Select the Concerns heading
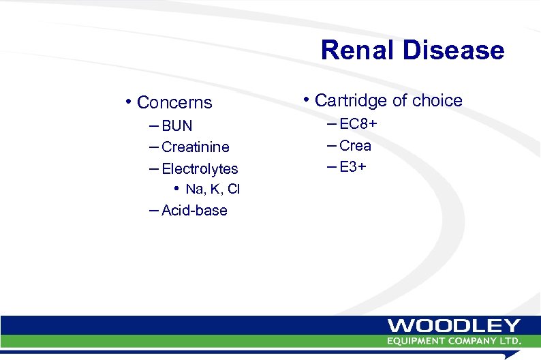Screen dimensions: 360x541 click(174, 103)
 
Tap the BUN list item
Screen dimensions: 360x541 click(177, 126)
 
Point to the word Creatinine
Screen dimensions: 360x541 click(196, 147)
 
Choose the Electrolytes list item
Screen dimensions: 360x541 click(200, 168)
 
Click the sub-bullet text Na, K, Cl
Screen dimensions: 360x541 click(213, 189)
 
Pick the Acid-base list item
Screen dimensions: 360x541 click(194, 211)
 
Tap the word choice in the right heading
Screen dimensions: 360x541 click(437, 101)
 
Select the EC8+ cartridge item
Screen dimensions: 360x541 click(358, 124)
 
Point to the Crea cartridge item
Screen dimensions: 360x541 click(355, 145)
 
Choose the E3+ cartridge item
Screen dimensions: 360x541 click(353, 166)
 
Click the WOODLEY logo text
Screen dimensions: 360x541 click(454, 326)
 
